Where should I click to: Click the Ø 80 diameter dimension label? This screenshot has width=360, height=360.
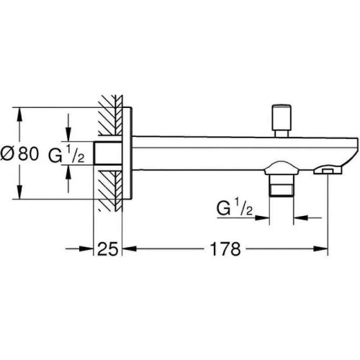(19, 154)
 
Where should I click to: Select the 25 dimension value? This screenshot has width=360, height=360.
(108, 249)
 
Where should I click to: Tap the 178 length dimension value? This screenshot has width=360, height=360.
(225, 249)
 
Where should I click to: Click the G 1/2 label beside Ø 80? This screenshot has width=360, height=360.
(66, 155)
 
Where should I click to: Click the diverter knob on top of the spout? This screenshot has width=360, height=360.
(282, 121)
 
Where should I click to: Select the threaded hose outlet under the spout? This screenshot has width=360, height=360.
(282, 185)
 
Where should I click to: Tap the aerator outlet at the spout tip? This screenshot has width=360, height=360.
(328, 171)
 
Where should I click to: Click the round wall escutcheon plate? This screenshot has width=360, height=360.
(127, 153)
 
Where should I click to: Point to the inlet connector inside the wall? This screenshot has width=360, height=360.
(108, 153)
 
